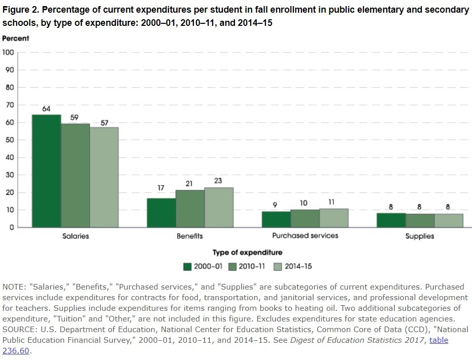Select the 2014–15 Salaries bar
(104, 177)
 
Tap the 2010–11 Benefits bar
(190, 208)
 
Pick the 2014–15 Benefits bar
(219, 207)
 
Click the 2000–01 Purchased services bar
(276, 219)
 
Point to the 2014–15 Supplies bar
(449, 221)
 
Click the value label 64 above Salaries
(46, 108)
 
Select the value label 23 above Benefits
(219, 181)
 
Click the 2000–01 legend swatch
(187, 266)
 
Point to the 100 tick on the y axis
(8, 53)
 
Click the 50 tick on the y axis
(9, 140)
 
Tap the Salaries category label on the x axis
(75, 236)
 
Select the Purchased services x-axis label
(305, 236)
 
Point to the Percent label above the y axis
(16, 39)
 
